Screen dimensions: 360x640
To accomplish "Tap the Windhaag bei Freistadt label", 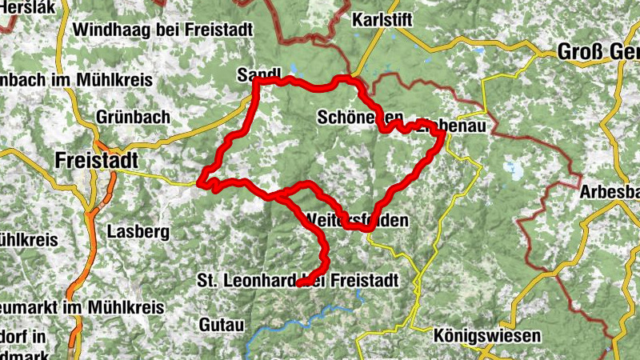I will pyautogui.click(x=163, y=30).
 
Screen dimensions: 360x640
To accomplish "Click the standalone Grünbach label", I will pyautogui.click(x=133, y=117).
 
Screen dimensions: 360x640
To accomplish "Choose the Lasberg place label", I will pyautogui.click(x=138, y=232).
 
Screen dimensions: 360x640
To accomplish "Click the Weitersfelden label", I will pyautogui.click(x=358, y=218).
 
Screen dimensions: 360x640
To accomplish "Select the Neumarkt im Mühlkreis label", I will pyautogui.click(x=80, y=307).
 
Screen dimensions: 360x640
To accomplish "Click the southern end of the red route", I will pyautogui.click(x=298, y=284).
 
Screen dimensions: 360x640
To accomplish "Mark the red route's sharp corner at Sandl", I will pyautogui.click(x=256, y=83).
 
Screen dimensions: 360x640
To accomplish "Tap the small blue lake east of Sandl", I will pyautogui.click(x=293, y=70).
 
